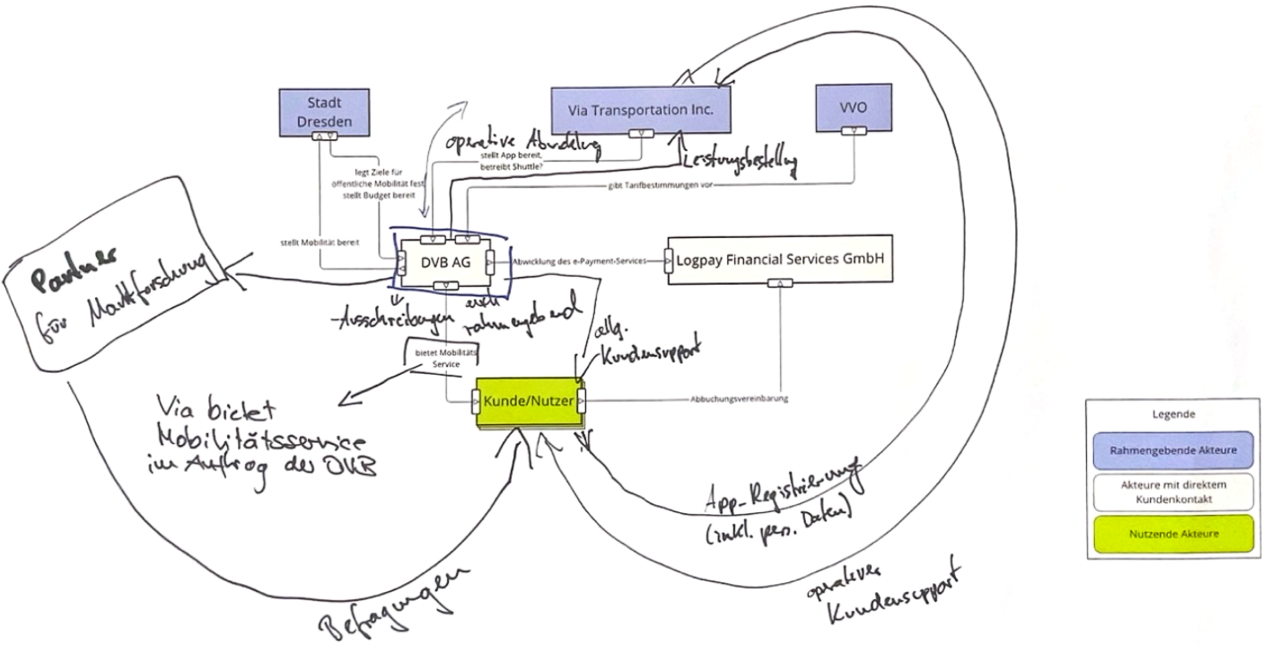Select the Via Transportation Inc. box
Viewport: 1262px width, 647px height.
(x=639, y=110)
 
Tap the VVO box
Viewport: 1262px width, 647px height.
(x=853, y=107)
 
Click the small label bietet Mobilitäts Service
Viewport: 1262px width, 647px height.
(x=438, y=359)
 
